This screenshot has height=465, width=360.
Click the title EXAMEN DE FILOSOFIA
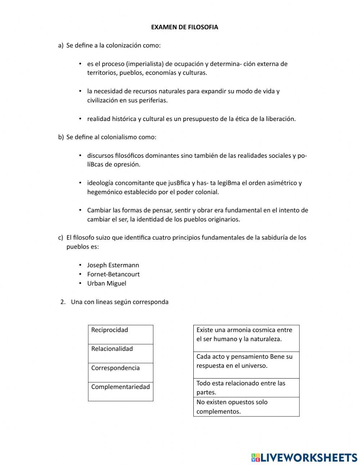pos(184,27)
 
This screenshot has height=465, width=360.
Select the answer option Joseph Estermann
pos(113,265)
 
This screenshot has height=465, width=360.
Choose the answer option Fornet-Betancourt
pos(113,274)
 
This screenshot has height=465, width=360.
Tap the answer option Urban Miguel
pos(107,283)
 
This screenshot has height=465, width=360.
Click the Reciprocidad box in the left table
pos(121,334)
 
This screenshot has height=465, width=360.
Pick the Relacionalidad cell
pos(121,353)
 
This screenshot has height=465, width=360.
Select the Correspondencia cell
pos(121,372)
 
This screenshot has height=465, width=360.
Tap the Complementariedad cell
pos(121,391)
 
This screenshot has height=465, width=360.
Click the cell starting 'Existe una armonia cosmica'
pos(246,338)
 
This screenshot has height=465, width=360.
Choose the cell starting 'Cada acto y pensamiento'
pos(246,365)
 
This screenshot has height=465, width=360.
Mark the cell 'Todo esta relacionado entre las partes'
pos(246,388)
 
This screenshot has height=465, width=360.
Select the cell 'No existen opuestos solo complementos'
pos(246,407)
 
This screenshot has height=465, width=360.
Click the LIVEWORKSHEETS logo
pos(304,457)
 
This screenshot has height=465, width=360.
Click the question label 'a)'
pos(60,46)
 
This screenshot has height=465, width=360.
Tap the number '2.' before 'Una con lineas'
pos(63,302)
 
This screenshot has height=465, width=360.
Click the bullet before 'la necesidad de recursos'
pos(80,91)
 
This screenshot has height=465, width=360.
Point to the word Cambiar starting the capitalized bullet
pos(99,210)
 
